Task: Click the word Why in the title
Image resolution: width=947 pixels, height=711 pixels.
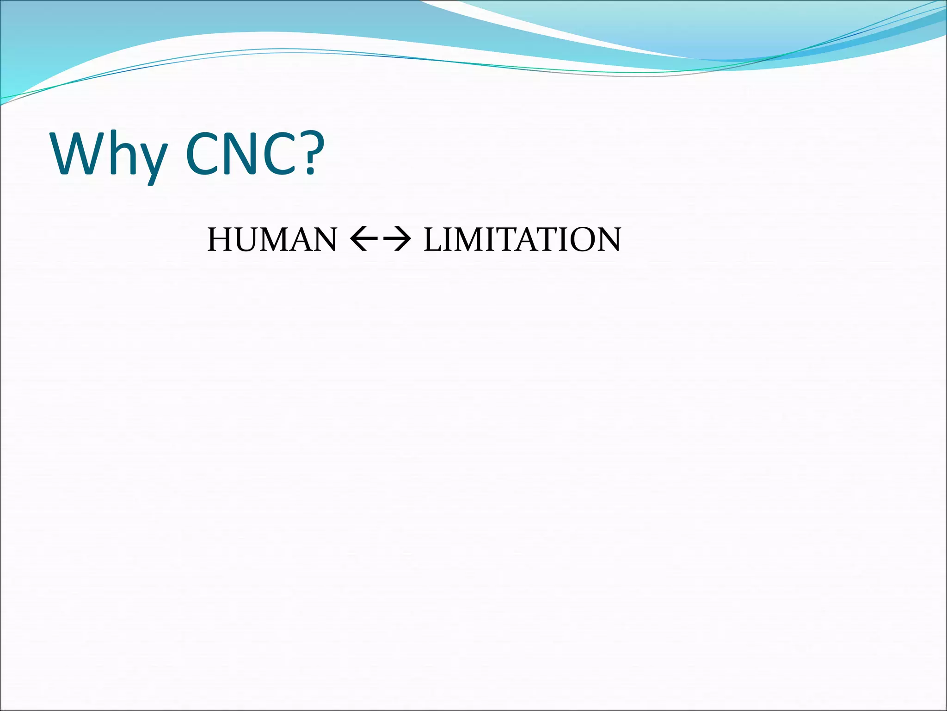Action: [x=109, y=155]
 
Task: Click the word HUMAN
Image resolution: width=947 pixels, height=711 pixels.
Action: [x=272, y=240]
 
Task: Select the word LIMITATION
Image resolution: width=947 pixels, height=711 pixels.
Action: [x=522, y=240]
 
